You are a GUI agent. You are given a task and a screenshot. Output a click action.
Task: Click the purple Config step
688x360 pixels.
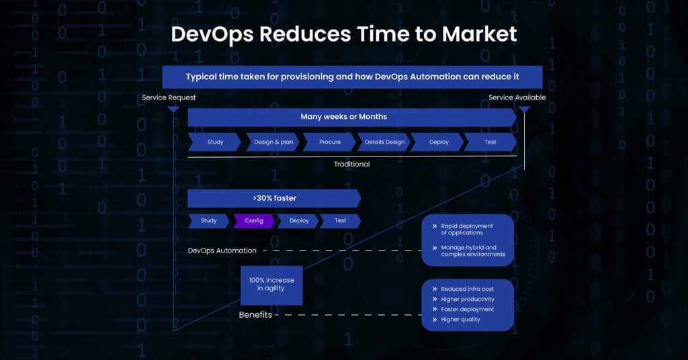coord(253,220)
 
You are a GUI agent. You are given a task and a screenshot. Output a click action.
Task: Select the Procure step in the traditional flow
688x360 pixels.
coord(329,142)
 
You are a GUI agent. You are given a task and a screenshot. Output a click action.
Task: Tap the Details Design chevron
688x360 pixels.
coord(384,142)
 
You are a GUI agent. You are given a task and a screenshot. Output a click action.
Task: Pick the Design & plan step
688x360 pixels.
coord(273,142)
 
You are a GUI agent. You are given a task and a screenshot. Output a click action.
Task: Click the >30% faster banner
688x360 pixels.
coord(274,198)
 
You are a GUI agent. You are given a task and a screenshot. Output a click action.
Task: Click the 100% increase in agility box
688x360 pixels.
coord(271,285)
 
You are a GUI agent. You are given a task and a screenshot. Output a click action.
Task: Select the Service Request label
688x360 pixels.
coord(169,97)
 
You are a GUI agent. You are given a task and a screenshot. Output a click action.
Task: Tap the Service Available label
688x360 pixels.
coord(517,97)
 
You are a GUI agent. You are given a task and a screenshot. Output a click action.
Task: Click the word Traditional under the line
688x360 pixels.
coord(351,164)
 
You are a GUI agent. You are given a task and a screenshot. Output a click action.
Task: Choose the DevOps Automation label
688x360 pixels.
coord(222,251)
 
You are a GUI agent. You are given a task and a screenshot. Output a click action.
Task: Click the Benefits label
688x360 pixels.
coord(255,315)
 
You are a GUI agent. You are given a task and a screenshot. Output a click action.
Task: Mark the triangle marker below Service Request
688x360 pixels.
coord(174,109)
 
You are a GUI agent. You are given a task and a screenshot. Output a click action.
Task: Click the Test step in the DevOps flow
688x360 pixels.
coord(341,220)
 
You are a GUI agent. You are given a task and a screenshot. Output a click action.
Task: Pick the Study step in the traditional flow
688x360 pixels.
coord(214,142)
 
